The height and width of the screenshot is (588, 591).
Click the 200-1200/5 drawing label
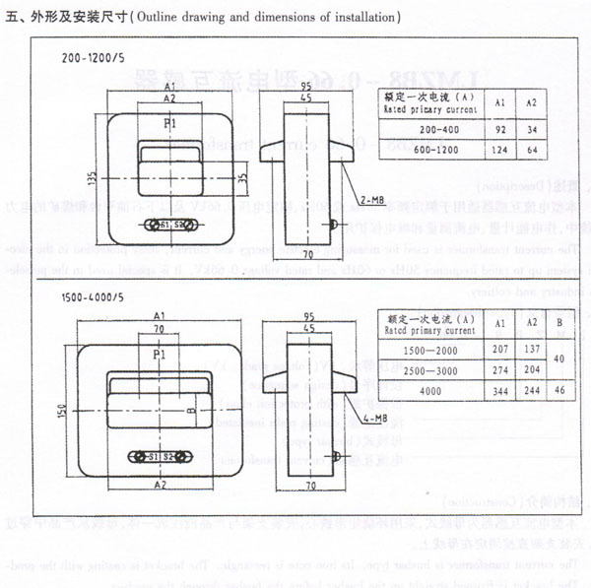[x=93, y=57]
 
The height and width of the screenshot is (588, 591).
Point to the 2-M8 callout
[x=371, y=200]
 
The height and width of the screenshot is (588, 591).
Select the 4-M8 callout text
[x=371, y=419]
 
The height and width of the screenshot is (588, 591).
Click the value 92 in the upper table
[x=500, y=129]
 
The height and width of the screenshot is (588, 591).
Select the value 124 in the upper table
[x=500, y=149]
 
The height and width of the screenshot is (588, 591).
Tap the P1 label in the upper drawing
[x=169, y=123]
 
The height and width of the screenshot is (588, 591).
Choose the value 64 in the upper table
[x=532, y=149]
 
